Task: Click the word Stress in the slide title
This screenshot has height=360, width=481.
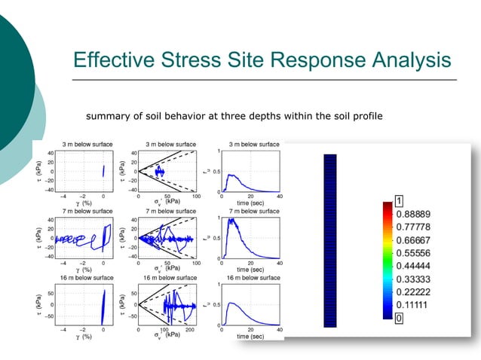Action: [x=196, y=61]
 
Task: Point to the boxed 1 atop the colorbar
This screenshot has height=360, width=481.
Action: [x=399, y=200]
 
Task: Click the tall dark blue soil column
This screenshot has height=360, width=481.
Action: [x=329, y=240]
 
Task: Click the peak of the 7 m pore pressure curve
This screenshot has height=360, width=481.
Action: [x=234, y=219]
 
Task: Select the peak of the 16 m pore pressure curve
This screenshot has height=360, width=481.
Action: [x=236, y=303]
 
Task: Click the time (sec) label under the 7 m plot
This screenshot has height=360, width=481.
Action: [x=250, y=269]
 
